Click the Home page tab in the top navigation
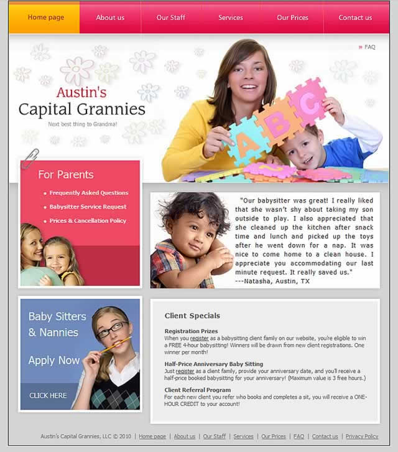tap(45, 17)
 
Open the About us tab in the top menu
tap(110, 17)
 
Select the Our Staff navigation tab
tap(171, 17)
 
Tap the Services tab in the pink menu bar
tap(231, 17)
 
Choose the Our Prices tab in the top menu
tap(292, 17)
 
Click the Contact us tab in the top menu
tap(355, 17)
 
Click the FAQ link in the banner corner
tap(369, 47)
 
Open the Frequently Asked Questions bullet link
tap(89, 193)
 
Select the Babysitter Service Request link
tap(88, 207)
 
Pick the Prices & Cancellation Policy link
tap(88, 221)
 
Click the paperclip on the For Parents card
tap(29, 159)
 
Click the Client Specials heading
tap(192, 316)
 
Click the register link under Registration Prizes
tap(199, 338)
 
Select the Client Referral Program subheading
tap(197, 390)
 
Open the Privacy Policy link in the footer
tap(362, 436)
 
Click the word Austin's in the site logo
tap(81, 93)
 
